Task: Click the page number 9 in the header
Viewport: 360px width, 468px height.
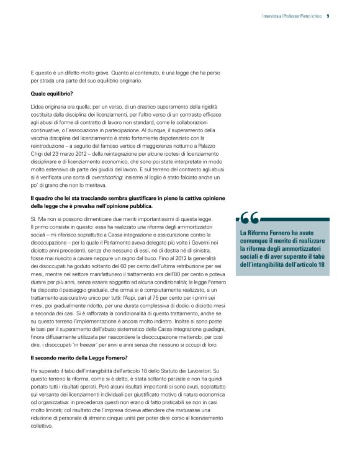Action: (328, 17)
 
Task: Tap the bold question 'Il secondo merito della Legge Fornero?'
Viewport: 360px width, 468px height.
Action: (79, 358)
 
